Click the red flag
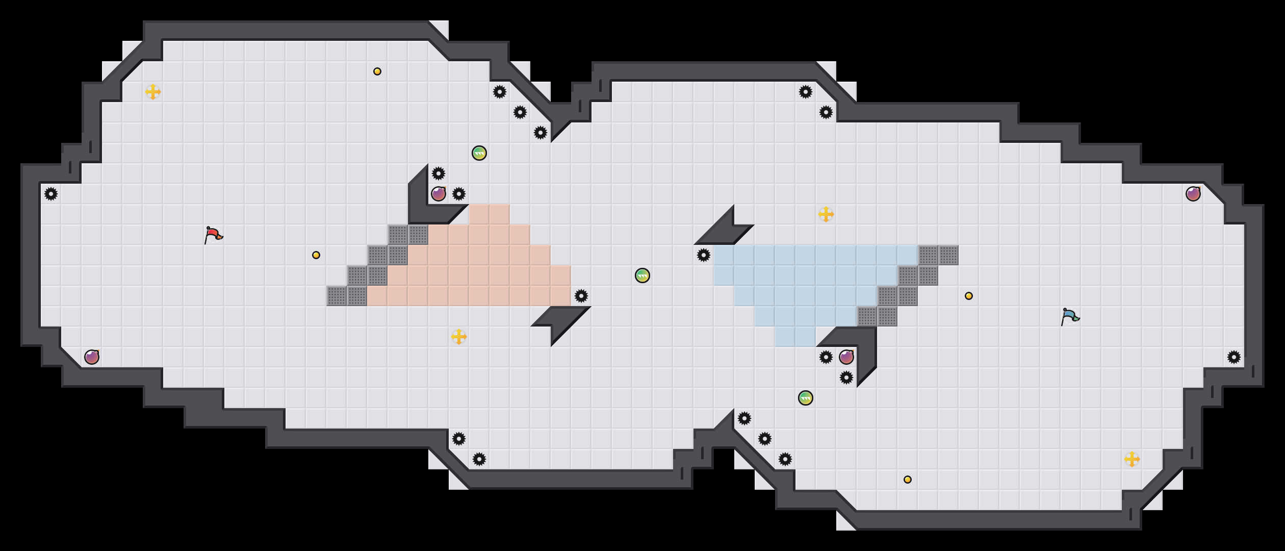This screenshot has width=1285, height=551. tap(213, 235)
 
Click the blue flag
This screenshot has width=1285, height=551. tap(1070, 316)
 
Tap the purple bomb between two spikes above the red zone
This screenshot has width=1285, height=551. tap(439, 194)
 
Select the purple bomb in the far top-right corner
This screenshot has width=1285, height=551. tap(1193, 194)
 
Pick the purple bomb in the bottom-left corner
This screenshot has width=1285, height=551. tap(92, 357)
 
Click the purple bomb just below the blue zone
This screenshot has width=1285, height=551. tap(846, 357)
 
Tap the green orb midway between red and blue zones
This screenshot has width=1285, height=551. tap(642, 275)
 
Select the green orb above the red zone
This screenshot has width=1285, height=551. tap(479, 153)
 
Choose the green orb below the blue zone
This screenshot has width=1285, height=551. tap(806, 398)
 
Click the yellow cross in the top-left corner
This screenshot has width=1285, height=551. tap(153, 92)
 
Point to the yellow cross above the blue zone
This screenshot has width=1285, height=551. tap(826, 214)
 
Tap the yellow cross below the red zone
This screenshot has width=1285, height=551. tap(459, 337)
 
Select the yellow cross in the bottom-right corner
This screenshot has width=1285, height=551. tap(1132, 459)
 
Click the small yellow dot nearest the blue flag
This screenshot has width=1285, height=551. tap(969, 296)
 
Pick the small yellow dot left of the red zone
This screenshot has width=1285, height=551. tap(316, 255)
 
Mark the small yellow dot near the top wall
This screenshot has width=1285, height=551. tap(377, 71)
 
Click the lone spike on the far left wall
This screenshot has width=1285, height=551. tap(51, 194)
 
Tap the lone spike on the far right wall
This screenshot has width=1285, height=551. tap(1234, 357)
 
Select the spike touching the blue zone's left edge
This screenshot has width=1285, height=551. tap(704, 255)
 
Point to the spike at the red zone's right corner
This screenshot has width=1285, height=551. tap(581, 296)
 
